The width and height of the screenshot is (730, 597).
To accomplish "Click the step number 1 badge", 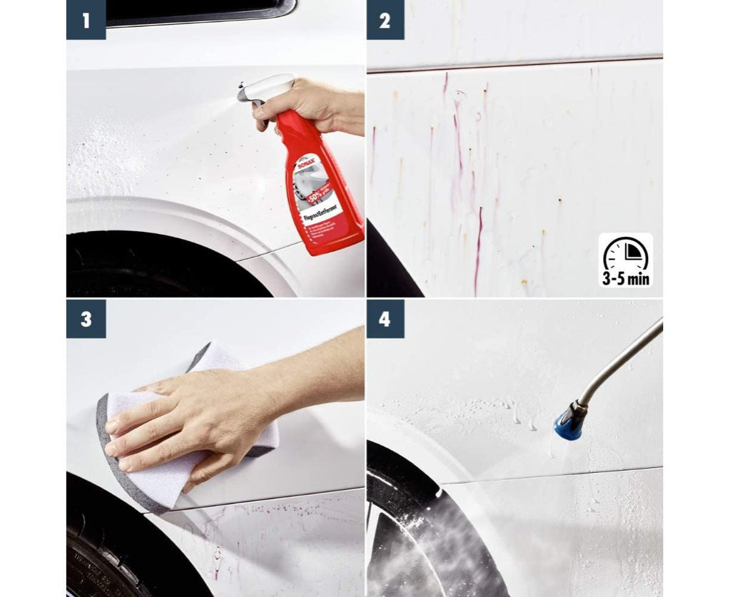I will point(86,20).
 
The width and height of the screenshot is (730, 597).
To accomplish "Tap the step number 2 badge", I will point(385,20).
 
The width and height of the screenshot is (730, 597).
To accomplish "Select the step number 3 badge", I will point(86,318).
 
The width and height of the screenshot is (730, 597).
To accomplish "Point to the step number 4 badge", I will point(385,318).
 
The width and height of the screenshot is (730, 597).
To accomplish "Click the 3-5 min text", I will point(625,278).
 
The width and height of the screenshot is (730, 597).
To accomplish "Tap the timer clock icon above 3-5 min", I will point(625,252).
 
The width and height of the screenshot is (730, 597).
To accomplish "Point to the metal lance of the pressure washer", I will point(621,360).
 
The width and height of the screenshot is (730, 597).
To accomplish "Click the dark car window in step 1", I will point(200,11).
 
